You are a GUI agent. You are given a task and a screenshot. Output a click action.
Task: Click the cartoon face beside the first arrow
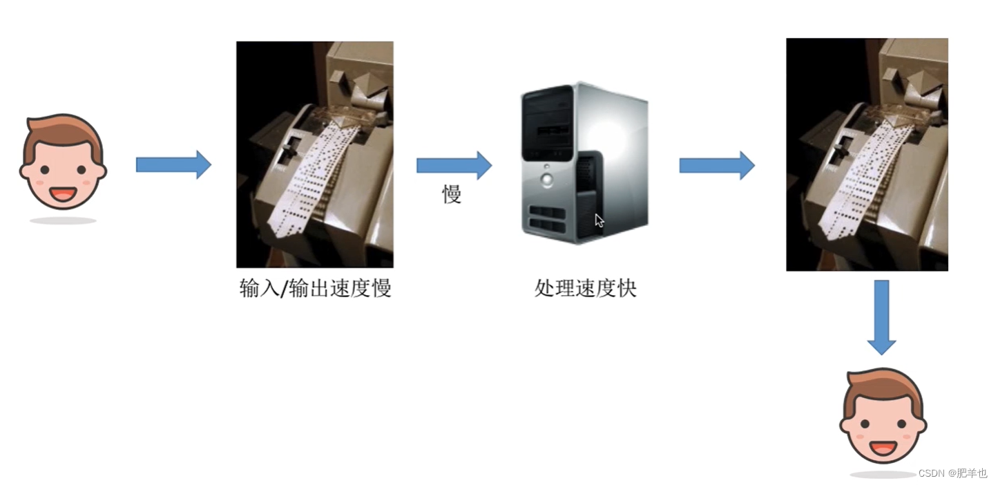click(63, 163)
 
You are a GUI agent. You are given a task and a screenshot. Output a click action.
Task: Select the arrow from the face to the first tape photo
click(173, 164)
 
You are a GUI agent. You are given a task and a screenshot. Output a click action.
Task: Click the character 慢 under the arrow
click(452, 195)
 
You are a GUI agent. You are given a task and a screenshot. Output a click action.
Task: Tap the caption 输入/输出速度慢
click(315, 288)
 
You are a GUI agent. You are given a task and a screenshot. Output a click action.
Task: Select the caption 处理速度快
click(585, 288)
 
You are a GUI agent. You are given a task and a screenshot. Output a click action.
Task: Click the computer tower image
click(584, 162)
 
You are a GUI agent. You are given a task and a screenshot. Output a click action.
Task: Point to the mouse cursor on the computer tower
click(599, 220)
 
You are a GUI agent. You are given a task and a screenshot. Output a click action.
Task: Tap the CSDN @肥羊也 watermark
click(952, 473)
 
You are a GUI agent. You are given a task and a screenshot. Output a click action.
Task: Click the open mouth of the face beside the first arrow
click(63, 193)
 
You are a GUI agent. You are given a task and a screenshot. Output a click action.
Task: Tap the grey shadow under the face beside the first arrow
click(63, 220)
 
